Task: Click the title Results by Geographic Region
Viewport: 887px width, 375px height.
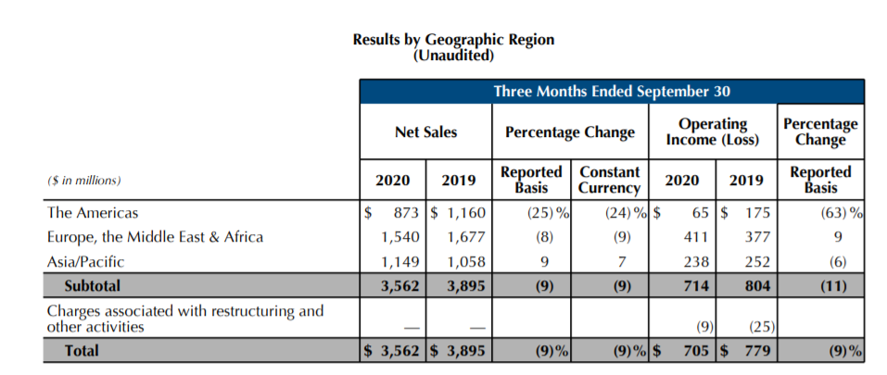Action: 453,40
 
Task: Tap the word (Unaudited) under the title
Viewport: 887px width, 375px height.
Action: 453,55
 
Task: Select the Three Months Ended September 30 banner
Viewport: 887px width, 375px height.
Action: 612,91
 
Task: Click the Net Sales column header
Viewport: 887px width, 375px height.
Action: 425,132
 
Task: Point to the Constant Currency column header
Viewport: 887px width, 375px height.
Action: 609,180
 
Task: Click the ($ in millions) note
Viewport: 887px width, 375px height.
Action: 84,180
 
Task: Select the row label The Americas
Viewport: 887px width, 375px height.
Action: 92,213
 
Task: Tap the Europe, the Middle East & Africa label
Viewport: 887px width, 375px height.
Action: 155,237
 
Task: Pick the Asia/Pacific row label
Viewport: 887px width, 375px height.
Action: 85,261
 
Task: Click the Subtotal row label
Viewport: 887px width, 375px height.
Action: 92,285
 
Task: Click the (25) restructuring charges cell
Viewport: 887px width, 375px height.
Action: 761,326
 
